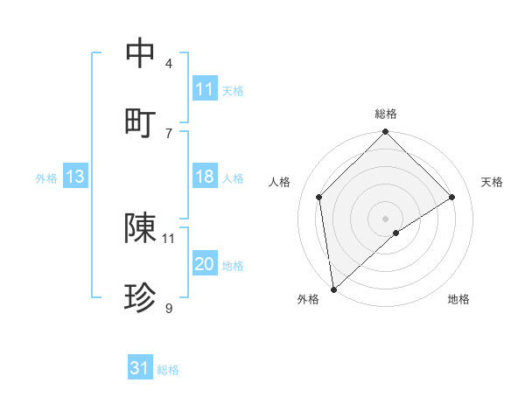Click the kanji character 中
pos(141,52)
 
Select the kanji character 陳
pos(141,228)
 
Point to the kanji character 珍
pos(141,298)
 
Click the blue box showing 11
pos(205,89)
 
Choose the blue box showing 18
pos(205,178)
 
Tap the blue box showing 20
pos(205,265)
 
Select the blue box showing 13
pos(75,178)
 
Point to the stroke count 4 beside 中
pos(169,63)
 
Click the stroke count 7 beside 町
pos(169,133)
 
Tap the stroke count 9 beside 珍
pos(169,308)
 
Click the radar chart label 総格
pos(386,114)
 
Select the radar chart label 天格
pos(493,182)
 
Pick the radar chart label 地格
pos(458,299)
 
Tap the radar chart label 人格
pos(280,182)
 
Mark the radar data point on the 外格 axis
pos(333,289)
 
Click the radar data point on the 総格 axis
pos(386,133)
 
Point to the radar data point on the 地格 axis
pos(396,233)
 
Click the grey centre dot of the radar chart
pos(386,218)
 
